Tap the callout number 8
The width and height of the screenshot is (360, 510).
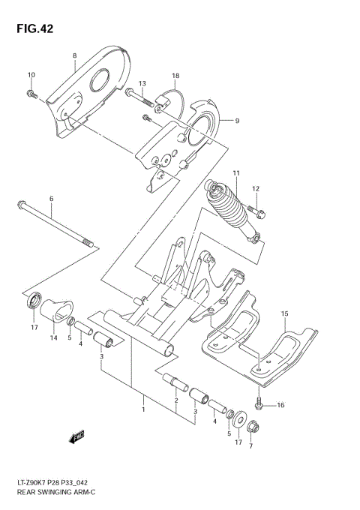point(75,56)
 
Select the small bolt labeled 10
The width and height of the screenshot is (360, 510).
point(31,93)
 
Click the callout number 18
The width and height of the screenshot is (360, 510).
point(175,76)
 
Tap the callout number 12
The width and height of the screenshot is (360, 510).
point(256,188)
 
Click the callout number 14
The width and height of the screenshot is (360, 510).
point(54,339)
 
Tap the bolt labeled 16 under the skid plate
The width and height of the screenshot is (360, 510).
point(259,404)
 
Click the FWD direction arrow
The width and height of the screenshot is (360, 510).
point(77,436)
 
